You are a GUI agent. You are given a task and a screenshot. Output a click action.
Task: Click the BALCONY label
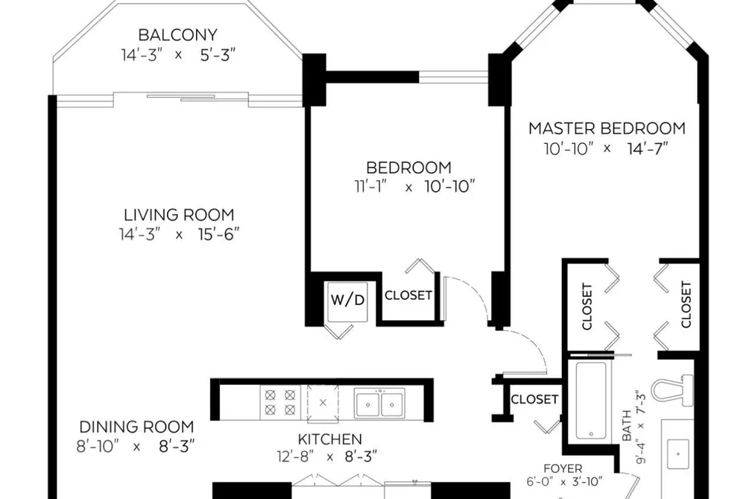pyautogui.click(x=177, y=35)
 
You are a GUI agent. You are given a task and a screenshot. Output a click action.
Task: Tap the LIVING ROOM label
pyautogui.click(x=179, y=215)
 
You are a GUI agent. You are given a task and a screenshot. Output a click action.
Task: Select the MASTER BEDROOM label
pyautogui.click(x=607, y=128)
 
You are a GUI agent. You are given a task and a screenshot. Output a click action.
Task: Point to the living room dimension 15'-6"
pyautogui.click(x=218, y=234)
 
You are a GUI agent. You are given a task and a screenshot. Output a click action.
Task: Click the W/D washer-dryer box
pyautogui.click(x=347, y=301)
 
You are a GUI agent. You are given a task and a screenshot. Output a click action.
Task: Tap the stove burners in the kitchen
pyautogui.click(x=279, y=402)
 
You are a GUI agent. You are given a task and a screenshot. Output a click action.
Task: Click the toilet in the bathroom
pyautogui.click(x=672, y=389)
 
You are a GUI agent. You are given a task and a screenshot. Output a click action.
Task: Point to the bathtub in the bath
pyautogui.click(x=591, y=400)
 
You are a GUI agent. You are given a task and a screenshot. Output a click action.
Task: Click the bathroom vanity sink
pyautogui.click(x=678, y=454)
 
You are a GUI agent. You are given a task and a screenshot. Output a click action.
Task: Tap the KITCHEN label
pyautogui.click(x=330, y=439)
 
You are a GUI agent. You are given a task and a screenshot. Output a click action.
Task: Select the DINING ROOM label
pyautogui.click(x=136, y=427)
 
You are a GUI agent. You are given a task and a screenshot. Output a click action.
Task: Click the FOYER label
pyautogui.click(x=563, y=468)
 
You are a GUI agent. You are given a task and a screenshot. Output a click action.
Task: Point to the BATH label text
pyautogui.click(x=627, y=425)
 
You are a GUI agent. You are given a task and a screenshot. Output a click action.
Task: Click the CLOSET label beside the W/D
pyautogui.click(x=408, y=295)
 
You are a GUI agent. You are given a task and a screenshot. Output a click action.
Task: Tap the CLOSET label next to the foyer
pyautogui.click(x=534, y=399)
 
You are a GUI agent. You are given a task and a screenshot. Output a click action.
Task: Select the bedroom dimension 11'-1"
pyautogui.click(x=371, y=186)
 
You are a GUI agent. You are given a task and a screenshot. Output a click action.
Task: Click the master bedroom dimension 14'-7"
pyautogui.click(x=648, y=149)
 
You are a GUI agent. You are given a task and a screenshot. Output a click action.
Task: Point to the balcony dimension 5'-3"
pyautogui.click(x=218, y=55)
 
